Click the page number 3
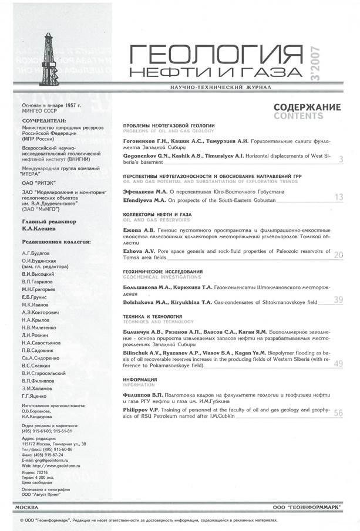pyautogui.click(x=341, y=159)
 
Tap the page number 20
pyautogui.click(x=338, y=255)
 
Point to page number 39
pyautogui.click(x=338, y=299)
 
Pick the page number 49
pyautogui.click(x=338, y=364)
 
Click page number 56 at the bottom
pyautogui.click(x=338, y=413)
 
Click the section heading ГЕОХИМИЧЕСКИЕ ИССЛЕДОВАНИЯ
pyautogui.click(x=163, y=272)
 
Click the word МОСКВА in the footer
pyautogui.click(x=26, y=506)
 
